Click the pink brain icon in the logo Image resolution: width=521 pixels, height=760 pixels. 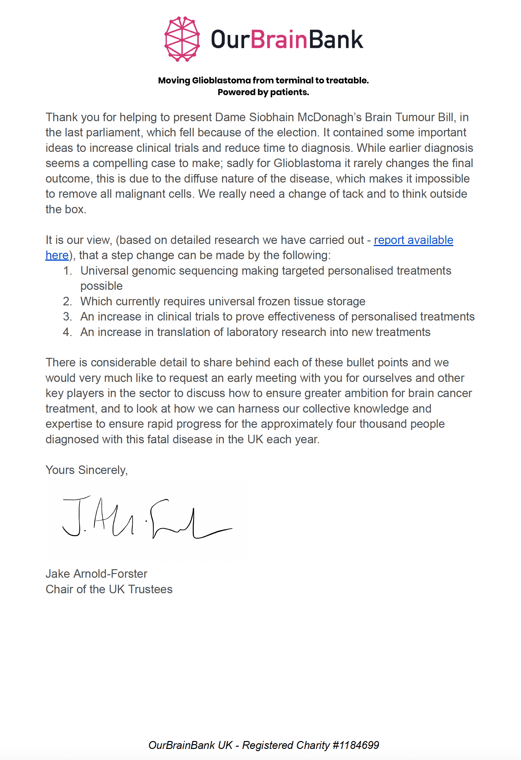(x=182, y=39)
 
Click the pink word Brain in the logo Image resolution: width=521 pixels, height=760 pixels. (x=279, y=40)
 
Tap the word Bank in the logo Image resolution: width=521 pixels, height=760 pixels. (x=336, y=40)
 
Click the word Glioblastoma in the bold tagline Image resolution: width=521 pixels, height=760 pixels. (x=221, y=80)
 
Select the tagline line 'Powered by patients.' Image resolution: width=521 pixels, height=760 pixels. (x=263, y=92)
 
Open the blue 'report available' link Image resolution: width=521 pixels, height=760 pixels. (x=413, y=240)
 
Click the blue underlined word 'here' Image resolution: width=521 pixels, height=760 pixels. (x=57, y=255)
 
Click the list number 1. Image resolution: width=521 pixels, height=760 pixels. (x=67, y=271)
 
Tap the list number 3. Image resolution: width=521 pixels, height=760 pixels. (x=67, y=316)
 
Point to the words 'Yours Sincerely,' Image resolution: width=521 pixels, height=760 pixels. (x=87, y=470)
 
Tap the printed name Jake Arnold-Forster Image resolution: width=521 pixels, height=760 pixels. (x=96, y=574)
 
